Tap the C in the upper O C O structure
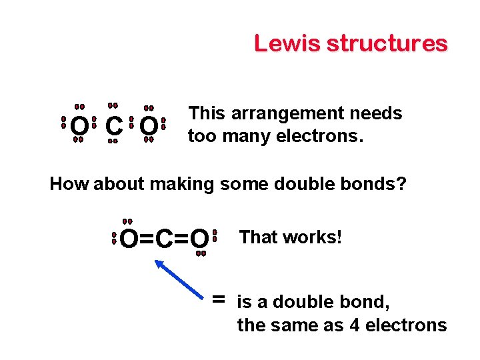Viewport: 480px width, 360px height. click(x=113, y=125)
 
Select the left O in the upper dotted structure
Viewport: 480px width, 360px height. click(x=79, y=125)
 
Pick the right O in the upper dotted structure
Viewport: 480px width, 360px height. click(x=149, y=125)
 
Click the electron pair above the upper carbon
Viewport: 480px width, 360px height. click(x=113, y=105)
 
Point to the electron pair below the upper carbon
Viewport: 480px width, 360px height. click(x=113, y=141)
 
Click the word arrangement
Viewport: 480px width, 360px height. click(x=285, y=113)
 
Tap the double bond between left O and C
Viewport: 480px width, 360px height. click(x=147, y=238)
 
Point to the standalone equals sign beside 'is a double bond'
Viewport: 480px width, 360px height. click(x=218, y=300)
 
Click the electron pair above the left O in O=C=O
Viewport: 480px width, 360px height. click(x=127, y=221)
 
